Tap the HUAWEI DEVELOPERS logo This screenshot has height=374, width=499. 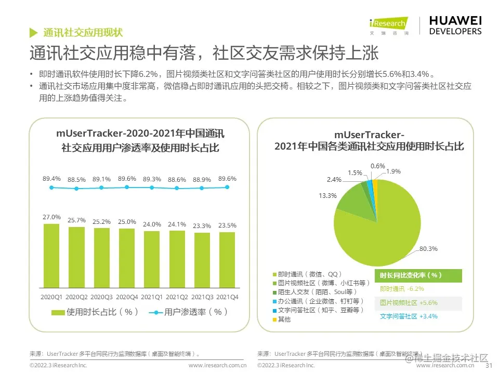[x=455, y=25]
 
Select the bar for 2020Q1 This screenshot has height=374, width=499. [x=51, y=256]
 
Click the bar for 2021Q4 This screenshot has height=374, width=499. [x=227, y=260]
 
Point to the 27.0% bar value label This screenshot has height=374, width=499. [x=51, y=217]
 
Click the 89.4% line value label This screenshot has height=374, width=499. [x=51, y=179]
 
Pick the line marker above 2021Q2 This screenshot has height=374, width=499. [x=177, y=188]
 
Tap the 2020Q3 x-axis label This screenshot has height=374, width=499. [x=101, y=297]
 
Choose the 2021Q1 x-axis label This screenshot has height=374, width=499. [x=152, y=297]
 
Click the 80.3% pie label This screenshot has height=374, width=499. [x=429, y=249]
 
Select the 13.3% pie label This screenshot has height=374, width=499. [x=327, y=196]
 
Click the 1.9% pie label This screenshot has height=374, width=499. [x=393, y=171]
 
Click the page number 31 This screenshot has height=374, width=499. [x=488, y=365]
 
